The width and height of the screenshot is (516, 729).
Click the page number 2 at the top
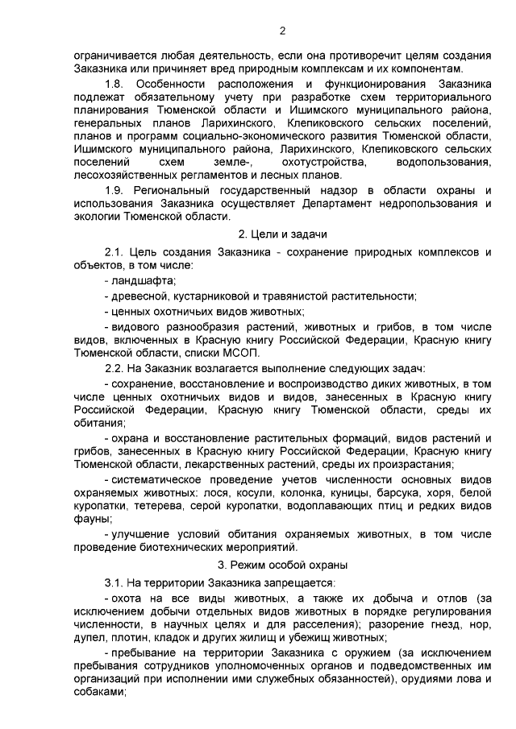[x=281, y=31]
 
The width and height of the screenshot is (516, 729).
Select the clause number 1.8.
[x=114, y=84]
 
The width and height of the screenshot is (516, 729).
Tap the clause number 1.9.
[x=114, y=189]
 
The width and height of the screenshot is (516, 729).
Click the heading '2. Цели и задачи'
[x=281, y=234]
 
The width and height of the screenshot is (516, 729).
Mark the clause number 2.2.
[x=114, y=367]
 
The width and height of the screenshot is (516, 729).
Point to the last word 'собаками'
[x=95, y=694]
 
